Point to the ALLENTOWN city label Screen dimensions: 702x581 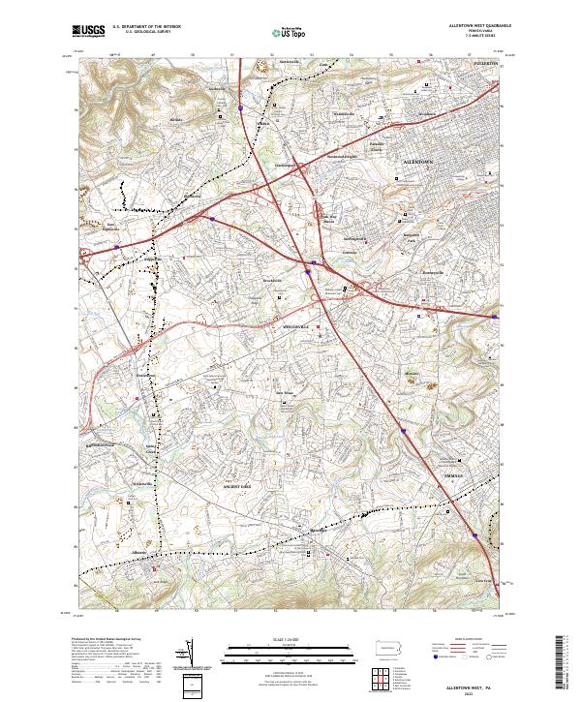tap(418, 162)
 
